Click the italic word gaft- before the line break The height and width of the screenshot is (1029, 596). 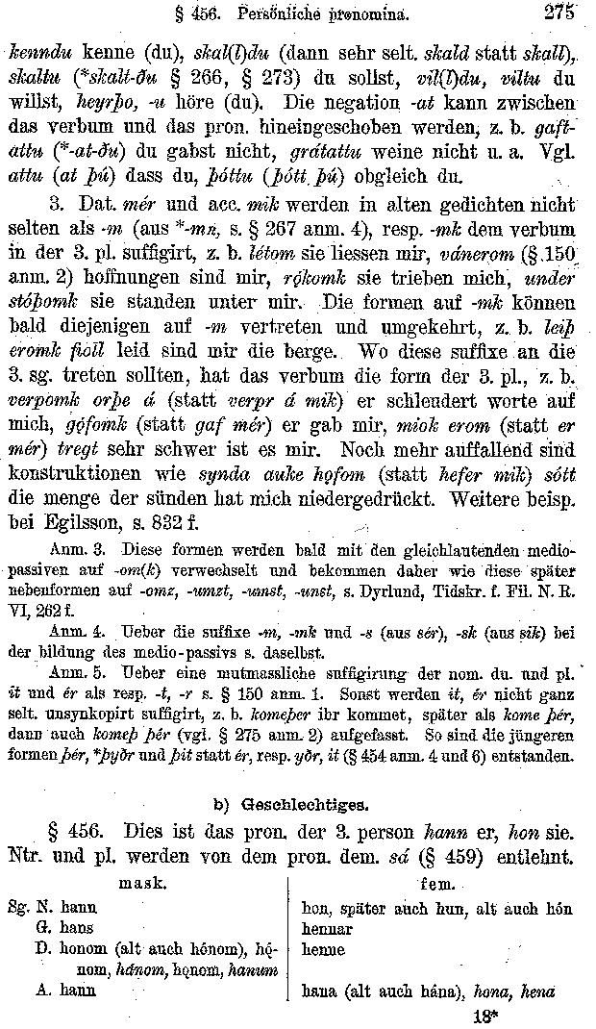(553, 128)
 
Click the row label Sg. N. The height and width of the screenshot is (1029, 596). (30, 908)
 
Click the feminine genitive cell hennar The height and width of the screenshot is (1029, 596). (326, 929)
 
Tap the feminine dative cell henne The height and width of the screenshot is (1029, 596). (323, 950)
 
